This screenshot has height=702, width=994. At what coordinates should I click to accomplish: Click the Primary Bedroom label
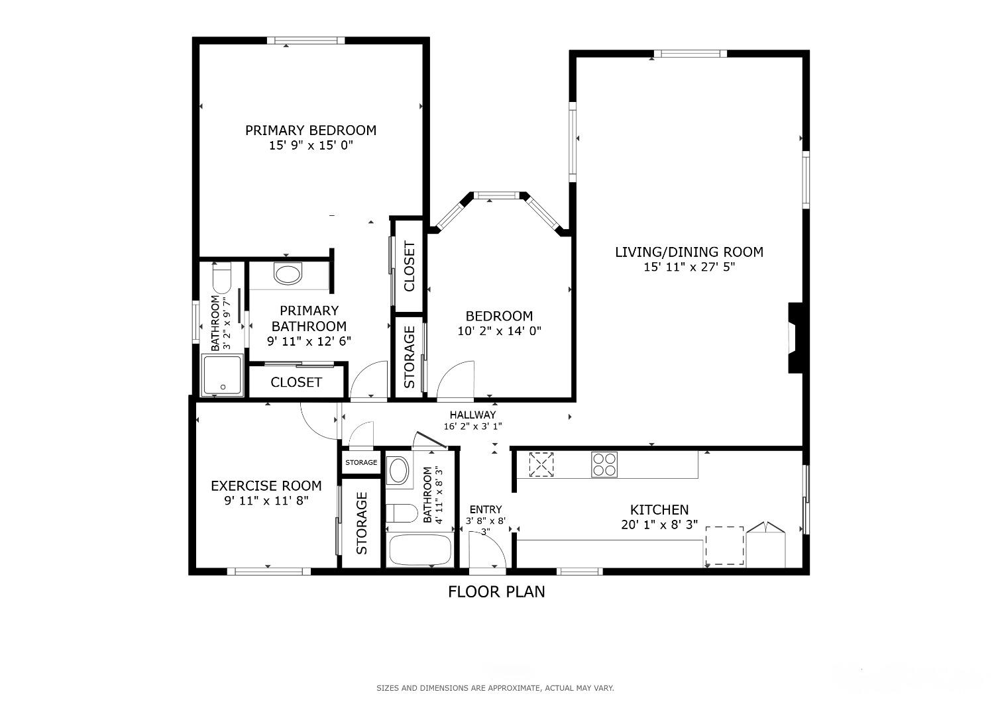pos(311,130)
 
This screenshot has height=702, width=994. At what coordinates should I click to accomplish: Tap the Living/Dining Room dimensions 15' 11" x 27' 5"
pos(689,267)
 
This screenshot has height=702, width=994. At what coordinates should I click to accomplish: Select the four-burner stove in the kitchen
pos(604,464)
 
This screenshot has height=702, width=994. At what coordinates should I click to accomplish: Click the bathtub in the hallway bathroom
pos(419,550)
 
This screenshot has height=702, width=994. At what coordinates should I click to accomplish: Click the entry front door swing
pos(487,549)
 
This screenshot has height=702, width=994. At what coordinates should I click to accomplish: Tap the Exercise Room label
pos(266,486)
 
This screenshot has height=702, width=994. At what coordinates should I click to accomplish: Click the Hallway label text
pos(472,415)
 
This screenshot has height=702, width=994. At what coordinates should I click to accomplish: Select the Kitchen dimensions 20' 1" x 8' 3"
pos(659,525)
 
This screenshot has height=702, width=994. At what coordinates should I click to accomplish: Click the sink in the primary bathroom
pos(288,273)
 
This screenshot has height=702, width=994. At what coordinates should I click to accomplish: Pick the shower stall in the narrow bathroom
pos(222,375)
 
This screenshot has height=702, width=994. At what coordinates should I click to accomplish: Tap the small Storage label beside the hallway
pos(361,462)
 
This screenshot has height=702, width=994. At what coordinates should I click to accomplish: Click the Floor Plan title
pos(496,592)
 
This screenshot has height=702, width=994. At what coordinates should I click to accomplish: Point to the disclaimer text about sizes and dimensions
pos(495,688)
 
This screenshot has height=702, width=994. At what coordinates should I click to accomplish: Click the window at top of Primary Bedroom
pos(305,40)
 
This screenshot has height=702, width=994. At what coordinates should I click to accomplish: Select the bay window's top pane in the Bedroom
pos(496,195)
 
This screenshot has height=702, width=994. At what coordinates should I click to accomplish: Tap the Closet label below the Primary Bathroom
pos(296,382)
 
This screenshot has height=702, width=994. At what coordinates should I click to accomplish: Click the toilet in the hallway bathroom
pos(402,513)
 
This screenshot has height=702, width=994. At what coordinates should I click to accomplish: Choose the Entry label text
pos(486,509)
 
